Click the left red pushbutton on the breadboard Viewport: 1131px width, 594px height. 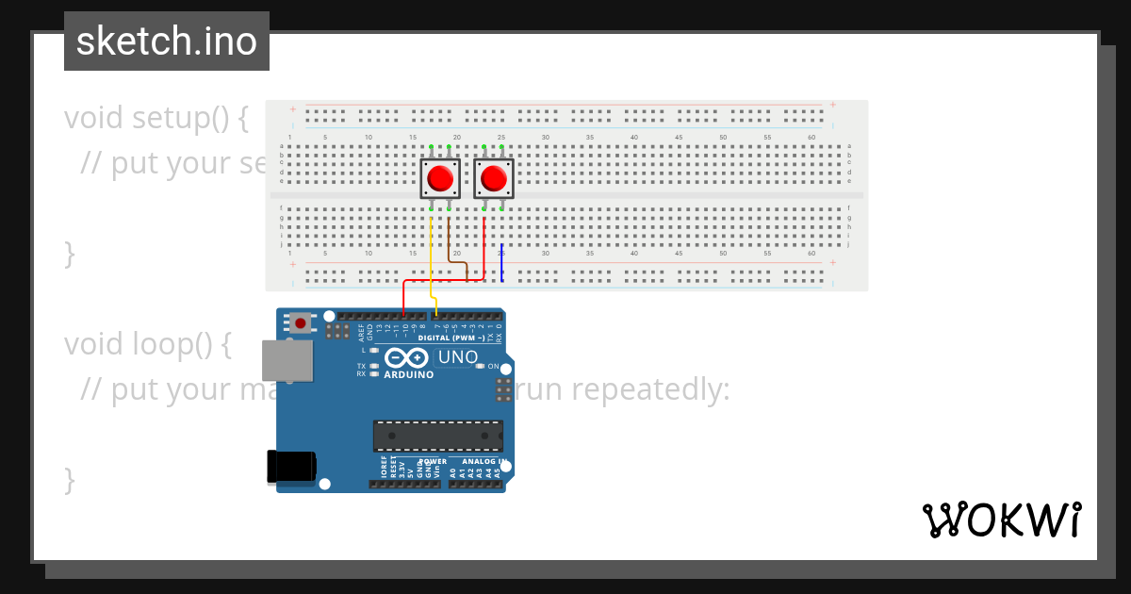click(x=439, y=178)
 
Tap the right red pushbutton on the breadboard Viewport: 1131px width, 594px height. click(x=493, y=178)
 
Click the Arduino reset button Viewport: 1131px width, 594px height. click(x=301, y=323)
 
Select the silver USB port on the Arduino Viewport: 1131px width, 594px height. click(x=287, y=360)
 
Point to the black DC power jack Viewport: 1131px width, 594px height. click(x=290, y=467)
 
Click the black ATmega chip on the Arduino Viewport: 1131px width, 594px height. click(x=437, y=436)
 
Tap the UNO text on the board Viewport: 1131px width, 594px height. click(x=458, y=357)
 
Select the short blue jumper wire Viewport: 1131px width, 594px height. click(x=501, y=262)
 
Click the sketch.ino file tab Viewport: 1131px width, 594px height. click(x=167, y=41)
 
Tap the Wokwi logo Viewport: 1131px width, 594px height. click(x=1002, y=520)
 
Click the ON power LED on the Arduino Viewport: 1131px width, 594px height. click(x=480, y=366)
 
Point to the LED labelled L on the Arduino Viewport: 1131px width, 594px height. click(x=374, y=350)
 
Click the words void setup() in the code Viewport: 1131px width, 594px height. click(x=156, y=119)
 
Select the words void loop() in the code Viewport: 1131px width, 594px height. click(x=147, y=344)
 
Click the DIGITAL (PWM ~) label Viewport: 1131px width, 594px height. click(x=451, y=338)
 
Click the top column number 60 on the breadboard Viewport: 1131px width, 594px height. click(x=811, y=138)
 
